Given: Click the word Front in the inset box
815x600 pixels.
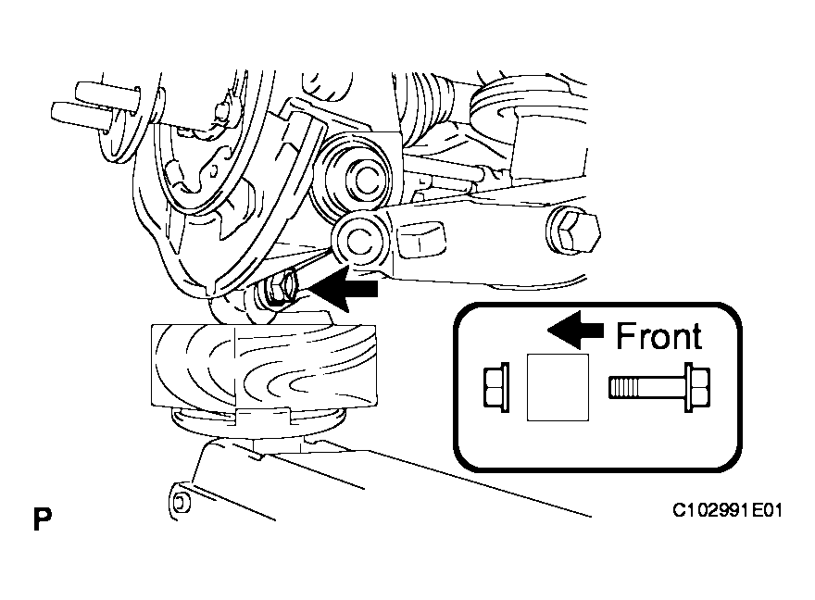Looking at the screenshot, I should point(658,334).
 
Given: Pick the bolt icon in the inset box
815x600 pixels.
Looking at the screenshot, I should point(660,386).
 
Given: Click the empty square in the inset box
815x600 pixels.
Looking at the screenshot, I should point(558,387).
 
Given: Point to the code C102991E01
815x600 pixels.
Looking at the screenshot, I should point(727,510).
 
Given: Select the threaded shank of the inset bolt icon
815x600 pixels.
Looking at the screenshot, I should point(642,386).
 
